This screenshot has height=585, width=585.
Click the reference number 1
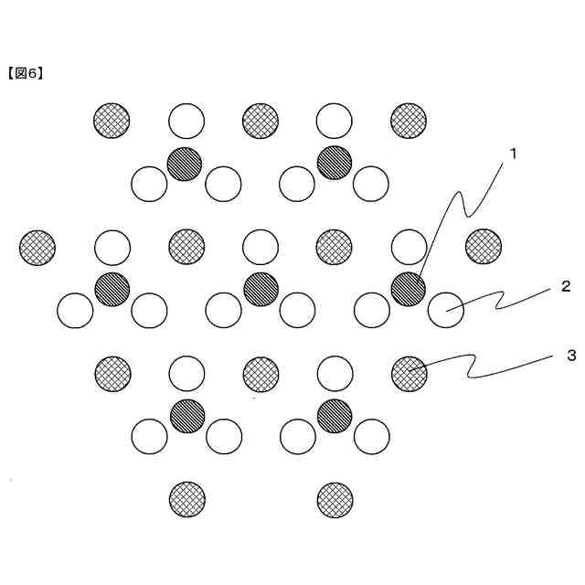513,154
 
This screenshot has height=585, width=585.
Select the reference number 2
566,286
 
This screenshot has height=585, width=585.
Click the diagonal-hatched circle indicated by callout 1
408,289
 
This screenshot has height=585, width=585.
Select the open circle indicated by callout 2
445,311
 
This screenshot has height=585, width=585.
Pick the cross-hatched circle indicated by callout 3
409,373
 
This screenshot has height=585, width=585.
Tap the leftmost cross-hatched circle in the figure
37,246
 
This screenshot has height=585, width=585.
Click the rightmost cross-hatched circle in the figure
483,246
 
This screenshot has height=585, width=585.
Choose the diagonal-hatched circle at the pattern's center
261,289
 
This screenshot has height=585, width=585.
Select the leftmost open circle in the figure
75,311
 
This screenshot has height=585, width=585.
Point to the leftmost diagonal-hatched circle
112,289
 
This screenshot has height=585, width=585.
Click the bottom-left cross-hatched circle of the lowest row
187,500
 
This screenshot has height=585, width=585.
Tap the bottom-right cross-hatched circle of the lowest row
335,500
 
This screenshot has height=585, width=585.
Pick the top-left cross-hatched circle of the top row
112,120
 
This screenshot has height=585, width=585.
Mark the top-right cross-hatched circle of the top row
409,120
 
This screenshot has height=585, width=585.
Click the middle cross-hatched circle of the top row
261,120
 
